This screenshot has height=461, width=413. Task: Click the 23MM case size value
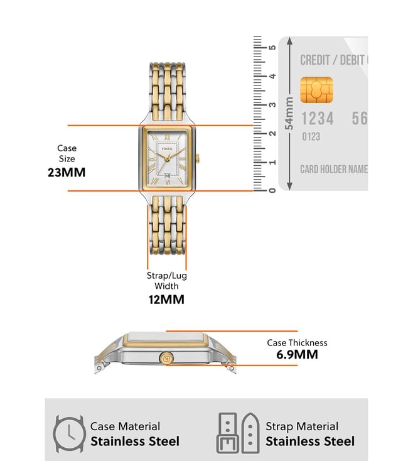[67, 172]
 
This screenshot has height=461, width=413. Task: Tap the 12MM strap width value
[166, 300]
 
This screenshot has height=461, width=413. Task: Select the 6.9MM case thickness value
[297, 355]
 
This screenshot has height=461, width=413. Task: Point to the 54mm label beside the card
[289, 114]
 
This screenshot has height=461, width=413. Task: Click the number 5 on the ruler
[272, 48]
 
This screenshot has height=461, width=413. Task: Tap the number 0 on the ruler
[272, 190]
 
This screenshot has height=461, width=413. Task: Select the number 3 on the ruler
[272, 105]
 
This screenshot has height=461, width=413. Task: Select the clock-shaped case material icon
[68, 433]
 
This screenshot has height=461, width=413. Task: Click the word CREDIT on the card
[315, 60]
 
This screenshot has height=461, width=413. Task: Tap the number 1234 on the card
[318, 118]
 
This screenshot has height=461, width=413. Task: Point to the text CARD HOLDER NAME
[333, 170]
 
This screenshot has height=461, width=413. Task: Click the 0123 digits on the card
[311, 136]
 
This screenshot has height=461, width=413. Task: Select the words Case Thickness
[297, 343]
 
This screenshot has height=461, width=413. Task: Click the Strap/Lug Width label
[166, 281]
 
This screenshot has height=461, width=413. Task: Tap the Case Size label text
[67, 153]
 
